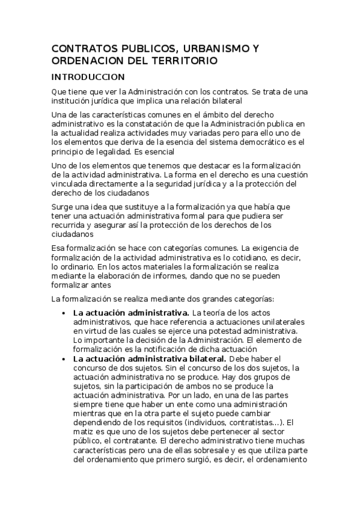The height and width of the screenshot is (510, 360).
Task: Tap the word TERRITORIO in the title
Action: pyautogui.click(x=182, y=61)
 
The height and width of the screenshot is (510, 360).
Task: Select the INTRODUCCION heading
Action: pyautogui.click(x=88, y=77)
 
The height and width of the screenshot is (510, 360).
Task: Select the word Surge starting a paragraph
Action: pyautogui.click(x=63, y=206)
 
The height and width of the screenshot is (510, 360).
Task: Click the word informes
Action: pyautogui.click(x=177, y=276)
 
